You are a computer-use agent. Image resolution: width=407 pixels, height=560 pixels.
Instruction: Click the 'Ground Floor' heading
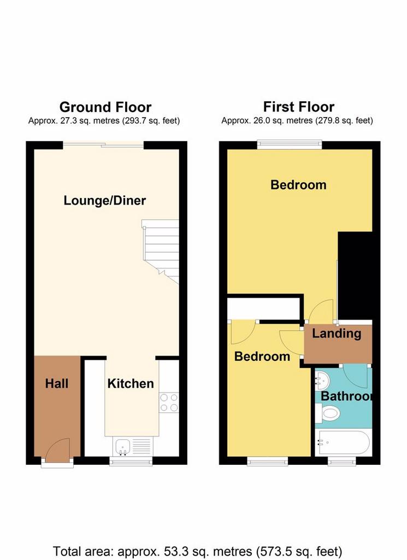click(x=105, y=107)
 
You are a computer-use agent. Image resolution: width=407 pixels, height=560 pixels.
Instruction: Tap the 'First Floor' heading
click(x=299, y=107)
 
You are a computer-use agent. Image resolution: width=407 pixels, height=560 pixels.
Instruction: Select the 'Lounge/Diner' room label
click(x=104, y=200)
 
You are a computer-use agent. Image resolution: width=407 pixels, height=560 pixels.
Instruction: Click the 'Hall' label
click(x=57, y=383)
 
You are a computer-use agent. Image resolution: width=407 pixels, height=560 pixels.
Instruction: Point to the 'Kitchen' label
click(x=131, y=383)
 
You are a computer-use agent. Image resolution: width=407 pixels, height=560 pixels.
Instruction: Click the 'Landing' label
click(x=337, y=334)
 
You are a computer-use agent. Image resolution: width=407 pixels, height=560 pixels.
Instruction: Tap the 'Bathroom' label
click(x=346, y=396)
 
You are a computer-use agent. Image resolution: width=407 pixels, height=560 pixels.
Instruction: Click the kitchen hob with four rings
click(x=169, y=402)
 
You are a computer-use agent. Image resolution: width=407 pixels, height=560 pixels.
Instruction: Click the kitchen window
click(x=131, y=462)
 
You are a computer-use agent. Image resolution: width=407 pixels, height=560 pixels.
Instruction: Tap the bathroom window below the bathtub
click(x=342, y=462)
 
